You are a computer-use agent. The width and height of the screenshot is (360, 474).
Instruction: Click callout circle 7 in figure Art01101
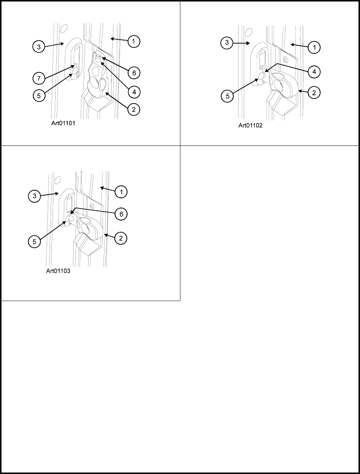tap(39, 79)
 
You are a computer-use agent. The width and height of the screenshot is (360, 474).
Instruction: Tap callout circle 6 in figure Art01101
tap(134, 73)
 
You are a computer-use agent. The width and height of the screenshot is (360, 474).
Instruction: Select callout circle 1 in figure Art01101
tap(134, 42)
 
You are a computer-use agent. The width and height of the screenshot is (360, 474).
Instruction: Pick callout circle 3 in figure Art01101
tap(39, 47)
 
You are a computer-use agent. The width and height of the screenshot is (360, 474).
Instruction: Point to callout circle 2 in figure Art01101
tap(134, 110)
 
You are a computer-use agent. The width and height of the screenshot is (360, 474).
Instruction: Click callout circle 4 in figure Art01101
tap(134, 91)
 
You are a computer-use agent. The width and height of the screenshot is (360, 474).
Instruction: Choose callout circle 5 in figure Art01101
tap(39, 95)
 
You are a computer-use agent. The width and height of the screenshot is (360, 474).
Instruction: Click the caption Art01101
tap(63, 123)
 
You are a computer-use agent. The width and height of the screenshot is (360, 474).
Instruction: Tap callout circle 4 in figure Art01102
tap(314, 72)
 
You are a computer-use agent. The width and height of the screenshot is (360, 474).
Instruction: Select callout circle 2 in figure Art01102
tap(314, 93)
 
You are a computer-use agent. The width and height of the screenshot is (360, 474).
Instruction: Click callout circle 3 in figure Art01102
tap(227, 43)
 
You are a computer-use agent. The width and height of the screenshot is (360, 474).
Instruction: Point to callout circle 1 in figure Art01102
tap(314, 47)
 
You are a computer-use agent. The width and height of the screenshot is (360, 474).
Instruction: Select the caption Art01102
tap(250, 126)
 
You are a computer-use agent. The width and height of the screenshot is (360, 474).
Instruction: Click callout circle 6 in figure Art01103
tap(121, 214)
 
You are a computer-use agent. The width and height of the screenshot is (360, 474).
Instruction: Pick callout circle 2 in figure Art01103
tap(121, 239)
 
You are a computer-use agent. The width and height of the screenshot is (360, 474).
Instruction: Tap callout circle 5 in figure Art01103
tap(34, 242)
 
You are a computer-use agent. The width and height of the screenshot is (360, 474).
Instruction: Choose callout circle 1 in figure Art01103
tap(121, 191)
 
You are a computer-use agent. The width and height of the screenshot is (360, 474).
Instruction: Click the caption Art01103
tap(58, 271)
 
